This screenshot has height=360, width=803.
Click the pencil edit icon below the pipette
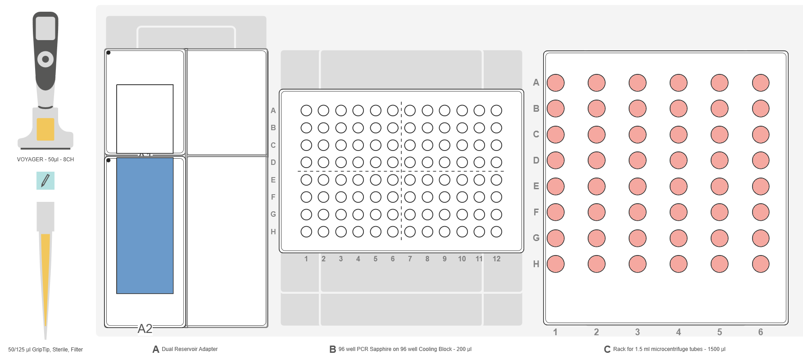[x=45, y=181]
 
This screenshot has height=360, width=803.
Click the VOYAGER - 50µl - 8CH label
[x=45, y=159]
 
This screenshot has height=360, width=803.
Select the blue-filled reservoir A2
[x=145, y=225]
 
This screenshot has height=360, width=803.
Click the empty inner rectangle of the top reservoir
[x=145, y=118]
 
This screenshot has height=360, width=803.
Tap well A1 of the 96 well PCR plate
[x=306, y=110]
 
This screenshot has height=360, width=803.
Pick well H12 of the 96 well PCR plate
[x=496, y=232]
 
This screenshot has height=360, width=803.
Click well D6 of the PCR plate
[x=393, y=162]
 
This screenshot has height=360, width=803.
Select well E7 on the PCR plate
[x=410, y=180]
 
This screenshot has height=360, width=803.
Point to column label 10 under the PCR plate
[x=462, y=259]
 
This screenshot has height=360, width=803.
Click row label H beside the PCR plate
[x=273, y=232]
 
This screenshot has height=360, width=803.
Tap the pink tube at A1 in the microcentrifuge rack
[x=555, y=83]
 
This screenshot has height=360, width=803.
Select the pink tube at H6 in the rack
[x=760, y=264]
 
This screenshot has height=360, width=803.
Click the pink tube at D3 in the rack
[x=637, y=160]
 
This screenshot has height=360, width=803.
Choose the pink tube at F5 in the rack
[x=719, y=212]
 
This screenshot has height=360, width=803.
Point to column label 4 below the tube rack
[x=678, y=332]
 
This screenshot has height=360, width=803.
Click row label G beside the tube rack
[x=536, y=238]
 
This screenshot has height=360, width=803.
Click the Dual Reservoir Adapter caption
[x=189, y=349]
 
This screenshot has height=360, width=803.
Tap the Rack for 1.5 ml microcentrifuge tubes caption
[x=669, y=349]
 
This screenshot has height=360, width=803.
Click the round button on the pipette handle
[x=45, y=59]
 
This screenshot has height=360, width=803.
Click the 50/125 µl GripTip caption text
[x=45, y=350]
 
